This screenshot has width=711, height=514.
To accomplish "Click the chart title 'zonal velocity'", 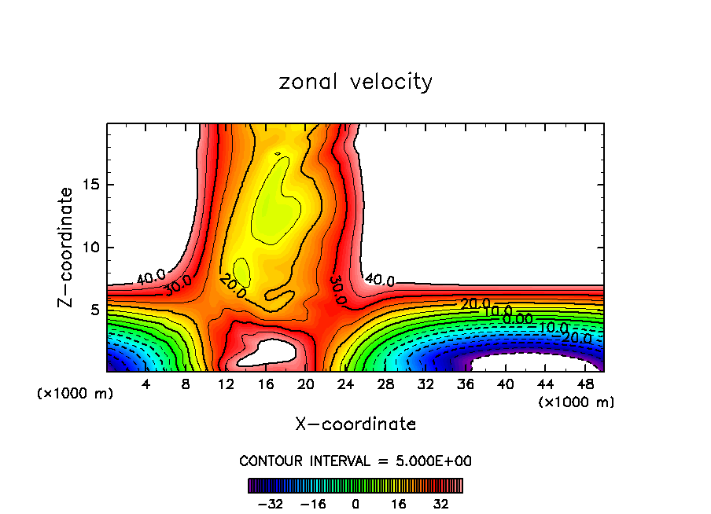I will (x=355, y=82).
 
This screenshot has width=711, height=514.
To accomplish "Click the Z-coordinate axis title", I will (x=66, y=247).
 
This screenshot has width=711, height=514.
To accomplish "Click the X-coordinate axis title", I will (x=355, y=424).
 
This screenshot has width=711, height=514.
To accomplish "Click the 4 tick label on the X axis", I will (x=146, y=384).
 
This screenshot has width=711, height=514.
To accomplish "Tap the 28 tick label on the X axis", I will (x=386, y=384).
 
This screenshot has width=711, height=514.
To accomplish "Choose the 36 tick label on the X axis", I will (x=466, y=384).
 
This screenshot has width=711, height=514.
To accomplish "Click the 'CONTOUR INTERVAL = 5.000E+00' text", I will (x=355, y=461).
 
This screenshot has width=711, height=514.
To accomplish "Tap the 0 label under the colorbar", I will (x=355, y=503).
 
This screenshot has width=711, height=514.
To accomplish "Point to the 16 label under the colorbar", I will (x=398, y=503).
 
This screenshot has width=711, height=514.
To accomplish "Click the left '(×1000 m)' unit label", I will (x=76, y=394).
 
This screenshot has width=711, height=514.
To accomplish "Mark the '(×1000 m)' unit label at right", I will (x=576, y=402).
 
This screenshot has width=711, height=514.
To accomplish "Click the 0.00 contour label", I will (x=518, y=319).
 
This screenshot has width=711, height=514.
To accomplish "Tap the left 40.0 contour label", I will (x=151, y=277).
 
